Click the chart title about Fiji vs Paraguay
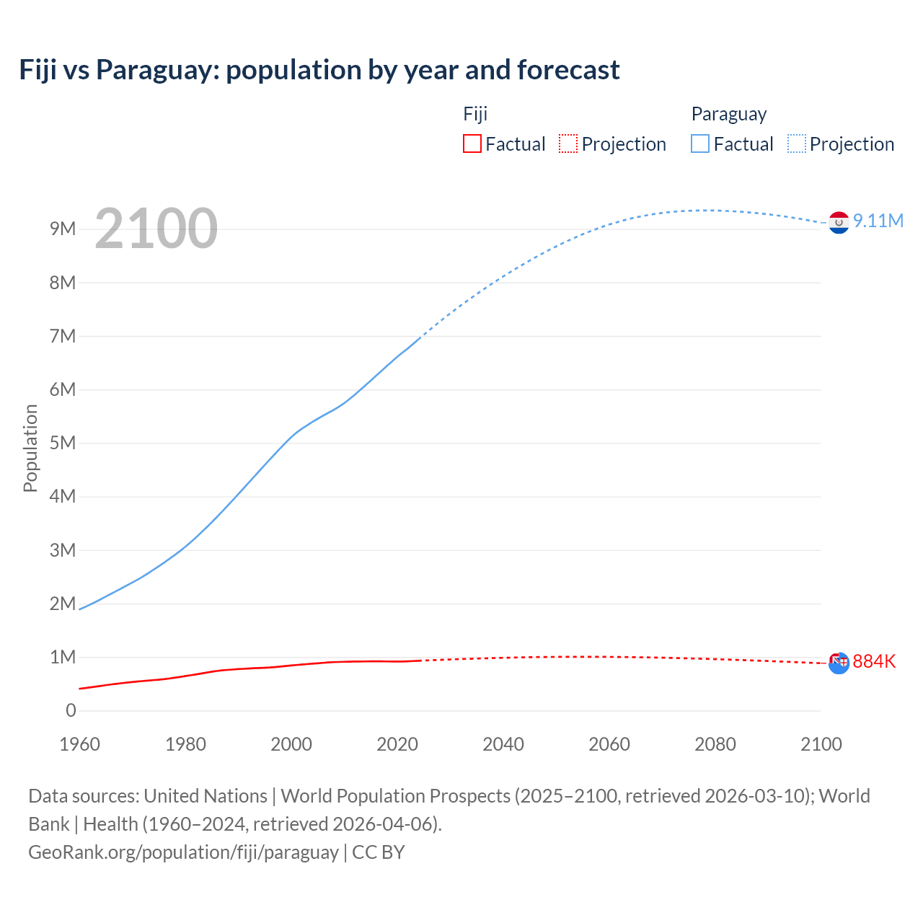click(319, 70)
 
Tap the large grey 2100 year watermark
click(156, 229)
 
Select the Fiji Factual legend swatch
click(472, 144)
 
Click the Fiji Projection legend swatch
click(568, 144)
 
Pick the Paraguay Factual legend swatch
click(699, 144)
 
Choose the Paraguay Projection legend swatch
click(796, 144)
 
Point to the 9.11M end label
click(878, 221)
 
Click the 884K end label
click(874, 661)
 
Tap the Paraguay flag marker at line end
click(839, 223)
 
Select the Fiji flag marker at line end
click(839, 663)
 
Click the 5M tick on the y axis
click(63, 443)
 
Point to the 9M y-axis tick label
click(63, 229)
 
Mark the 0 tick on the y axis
click(71, 710)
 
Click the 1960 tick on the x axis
click(79, 744)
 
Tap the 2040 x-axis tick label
click(503, 744)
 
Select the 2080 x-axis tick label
click(715, 744)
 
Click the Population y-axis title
click(30, 448)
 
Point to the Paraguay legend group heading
click(728, 114)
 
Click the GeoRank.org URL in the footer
click(183, 852)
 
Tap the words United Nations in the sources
click(206, 796)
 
